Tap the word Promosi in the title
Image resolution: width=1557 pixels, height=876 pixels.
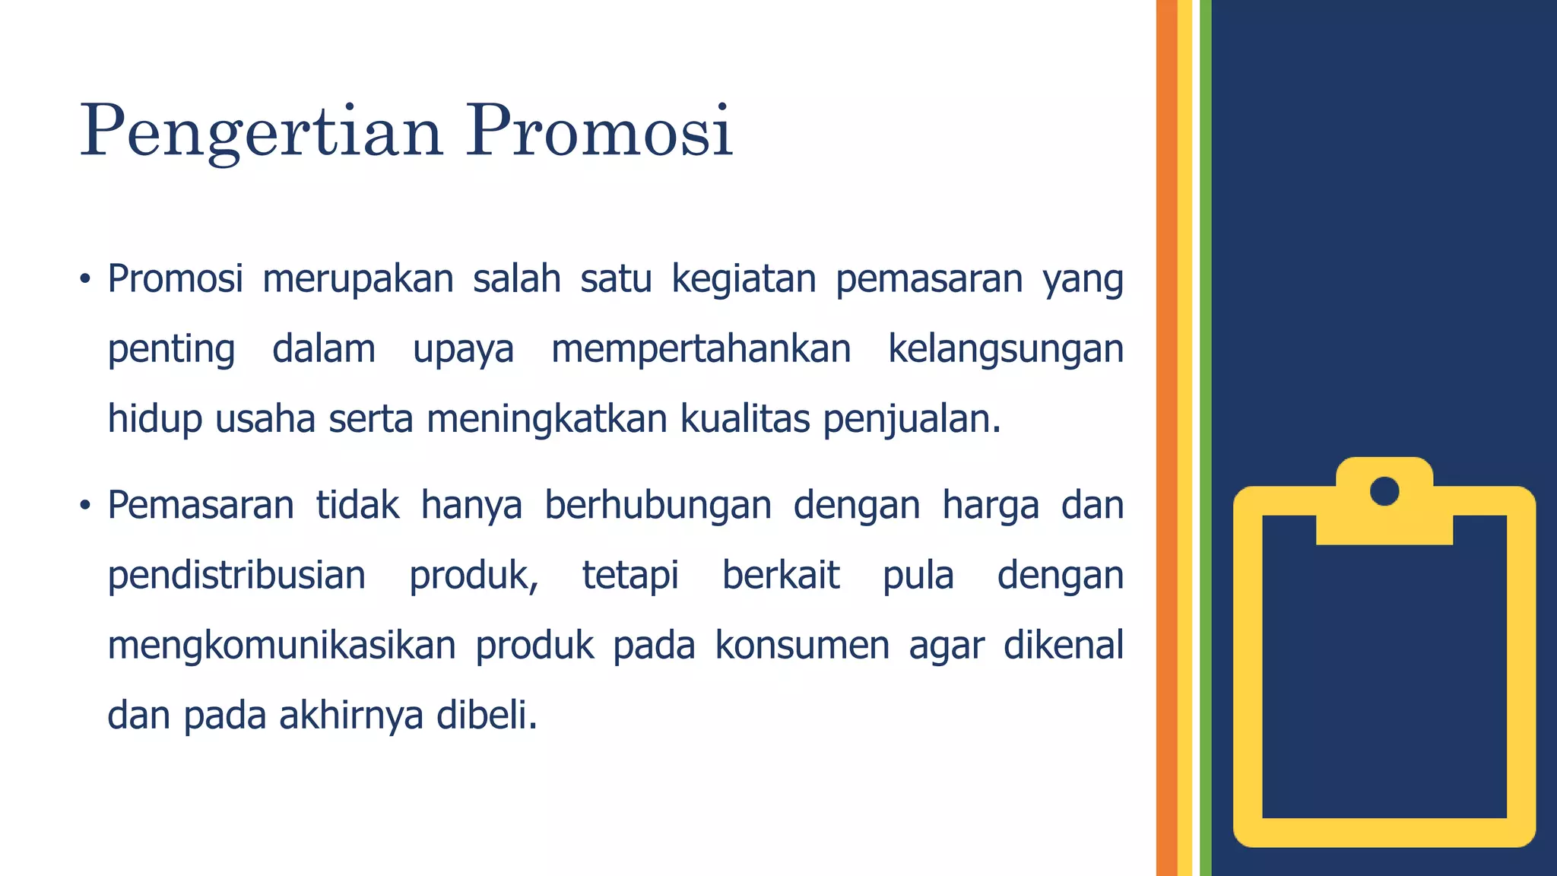point(599,131)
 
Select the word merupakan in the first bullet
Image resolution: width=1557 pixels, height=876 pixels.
point(358,280)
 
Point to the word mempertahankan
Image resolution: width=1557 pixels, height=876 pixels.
point(701,350)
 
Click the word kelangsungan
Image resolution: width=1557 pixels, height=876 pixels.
point(1005,350)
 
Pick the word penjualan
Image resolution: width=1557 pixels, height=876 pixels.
point(912,420)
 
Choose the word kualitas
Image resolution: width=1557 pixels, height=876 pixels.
point(744,419)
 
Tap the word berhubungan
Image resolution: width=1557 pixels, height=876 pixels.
point(658,505)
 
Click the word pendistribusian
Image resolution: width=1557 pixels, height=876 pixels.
point(236,575)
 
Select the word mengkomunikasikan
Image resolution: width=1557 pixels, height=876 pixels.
point(281,646)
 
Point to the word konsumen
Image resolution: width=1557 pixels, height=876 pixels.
point(802,646)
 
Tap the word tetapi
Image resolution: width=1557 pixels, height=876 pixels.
point(630,576)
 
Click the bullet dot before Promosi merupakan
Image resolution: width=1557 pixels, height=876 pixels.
point(85,279)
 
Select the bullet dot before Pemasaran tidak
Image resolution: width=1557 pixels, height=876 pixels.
point(85,505)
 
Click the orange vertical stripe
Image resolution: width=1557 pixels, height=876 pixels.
point(1166,438)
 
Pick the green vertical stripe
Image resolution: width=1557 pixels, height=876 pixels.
point(1205,438)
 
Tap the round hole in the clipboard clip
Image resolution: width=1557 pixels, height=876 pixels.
point(1384,490)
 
